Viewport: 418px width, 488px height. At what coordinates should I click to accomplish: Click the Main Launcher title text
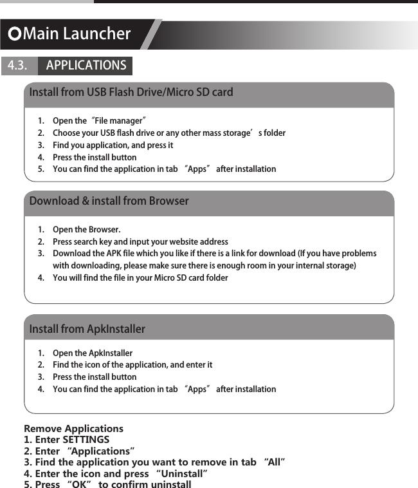(x=77, y=33)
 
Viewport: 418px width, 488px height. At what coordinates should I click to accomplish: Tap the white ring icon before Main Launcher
(x=14, y=34)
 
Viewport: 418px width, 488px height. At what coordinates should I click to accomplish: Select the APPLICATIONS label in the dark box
(x=86, y=66)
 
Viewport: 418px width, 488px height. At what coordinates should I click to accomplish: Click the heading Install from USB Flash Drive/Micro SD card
(x=131, y=92)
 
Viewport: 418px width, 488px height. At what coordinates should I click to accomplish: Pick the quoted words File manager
(x=118, y=121)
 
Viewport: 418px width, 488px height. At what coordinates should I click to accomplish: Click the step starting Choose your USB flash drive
(x=168, y=133)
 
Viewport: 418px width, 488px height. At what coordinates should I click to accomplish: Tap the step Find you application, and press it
(x=113, y=145)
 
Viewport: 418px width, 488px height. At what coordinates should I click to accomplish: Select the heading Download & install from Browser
(x=109, y=201)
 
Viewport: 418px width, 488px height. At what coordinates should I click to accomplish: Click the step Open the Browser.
(x=86, y=230)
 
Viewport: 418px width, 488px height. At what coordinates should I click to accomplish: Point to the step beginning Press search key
(x=140, y=242)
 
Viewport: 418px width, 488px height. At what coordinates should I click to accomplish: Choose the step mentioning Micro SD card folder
(x=140, y=278)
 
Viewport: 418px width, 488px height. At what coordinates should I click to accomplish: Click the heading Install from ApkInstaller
(x=87, y=329)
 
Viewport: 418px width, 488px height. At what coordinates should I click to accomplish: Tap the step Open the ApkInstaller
(x=93, y=353)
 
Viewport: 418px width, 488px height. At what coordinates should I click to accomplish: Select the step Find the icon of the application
(x=132, y=365)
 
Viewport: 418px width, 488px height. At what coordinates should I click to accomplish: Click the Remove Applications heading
(x=73, y=429)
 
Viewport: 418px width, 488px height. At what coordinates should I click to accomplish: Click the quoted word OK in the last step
(x=78, y=484)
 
